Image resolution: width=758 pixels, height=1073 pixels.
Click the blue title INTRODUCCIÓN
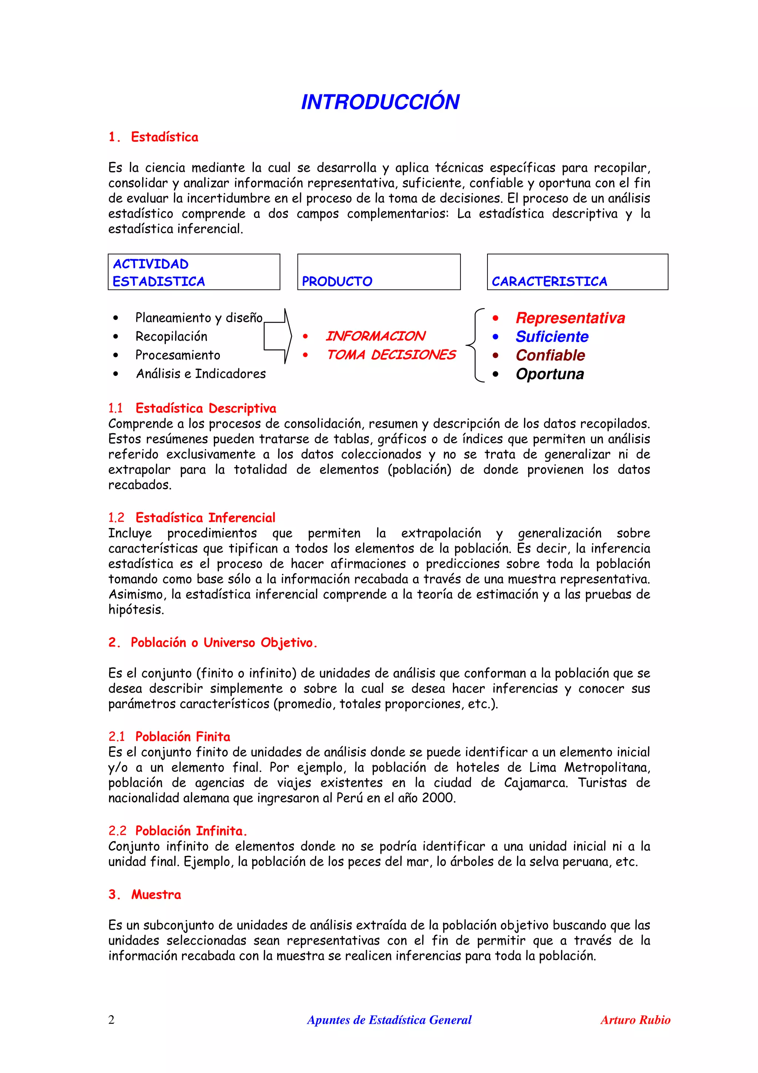click(380, 102)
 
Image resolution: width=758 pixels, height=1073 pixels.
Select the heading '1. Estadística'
click(153, 137)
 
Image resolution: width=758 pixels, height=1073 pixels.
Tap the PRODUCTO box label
click(337, 281)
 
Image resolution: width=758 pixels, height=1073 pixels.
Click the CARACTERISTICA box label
click(549, 281)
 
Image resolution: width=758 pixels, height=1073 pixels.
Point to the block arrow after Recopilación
click(278, 336)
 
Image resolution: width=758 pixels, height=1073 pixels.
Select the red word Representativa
click(570, 318)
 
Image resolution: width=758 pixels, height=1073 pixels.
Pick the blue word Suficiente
click(551, 337)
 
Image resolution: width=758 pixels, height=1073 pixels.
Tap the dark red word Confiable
click(550, 355)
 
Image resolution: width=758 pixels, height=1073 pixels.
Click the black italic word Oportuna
click(550, 374)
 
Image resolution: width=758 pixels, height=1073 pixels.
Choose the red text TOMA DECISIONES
click(390, 355)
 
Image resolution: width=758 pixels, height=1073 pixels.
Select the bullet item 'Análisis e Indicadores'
click(201, 374)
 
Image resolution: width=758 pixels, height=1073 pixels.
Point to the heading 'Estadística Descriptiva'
click(205, 408)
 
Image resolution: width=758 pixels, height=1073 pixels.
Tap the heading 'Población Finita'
click(182, 736)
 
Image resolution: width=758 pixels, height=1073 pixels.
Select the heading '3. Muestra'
click(145, 895)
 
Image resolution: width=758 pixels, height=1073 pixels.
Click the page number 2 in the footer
click(111, 1020)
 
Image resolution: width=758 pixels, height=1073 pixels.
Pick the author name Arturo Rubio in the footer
click(635, 1020)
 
